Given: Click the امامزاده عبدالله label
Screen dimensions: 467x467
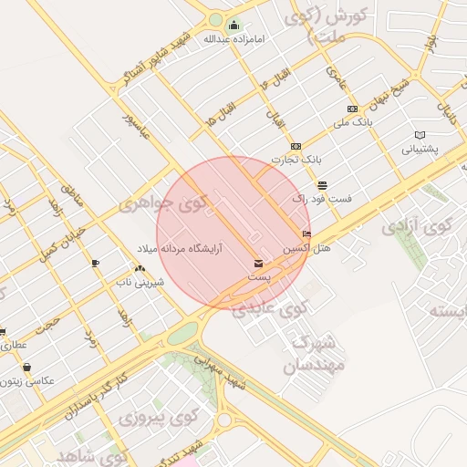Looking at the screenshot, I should (x=225, y=39).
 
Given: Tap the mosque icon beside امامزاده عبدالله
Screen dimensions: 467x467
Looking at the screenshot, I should (x=233, y=25).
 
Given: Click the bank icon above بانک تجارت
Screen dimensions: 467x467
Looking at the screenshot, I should (x=296, y=146).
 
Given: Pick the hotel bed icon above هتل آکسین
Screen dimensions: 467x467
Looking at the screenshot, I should (x=306, y=234).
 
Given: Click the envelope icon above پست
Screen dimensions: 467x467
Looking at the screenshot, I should (x=259, y=264).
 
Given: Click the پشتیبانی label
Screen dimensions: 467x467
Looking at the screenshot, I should (x=420, y=148).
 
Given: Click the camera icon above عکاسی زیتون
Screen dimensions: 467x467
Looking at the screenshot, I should (x=26, y=368).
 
